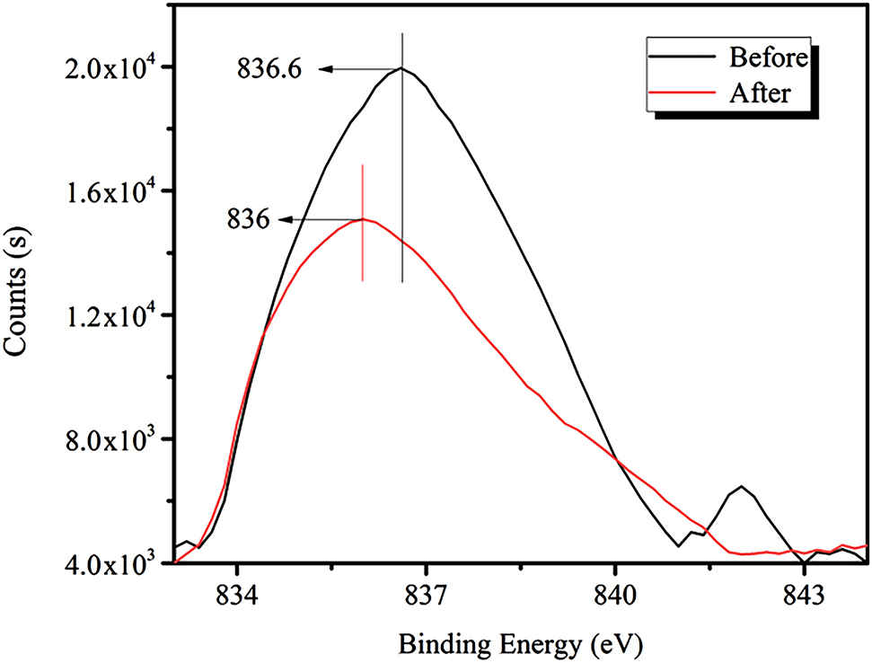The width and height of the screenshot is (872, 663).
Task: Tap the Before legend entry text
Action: [769, 58]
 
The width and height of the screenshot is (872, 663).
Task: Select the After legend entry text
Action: [761, 93]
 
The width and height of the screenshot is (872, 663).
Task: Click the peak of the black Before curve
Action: [401, 68]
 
